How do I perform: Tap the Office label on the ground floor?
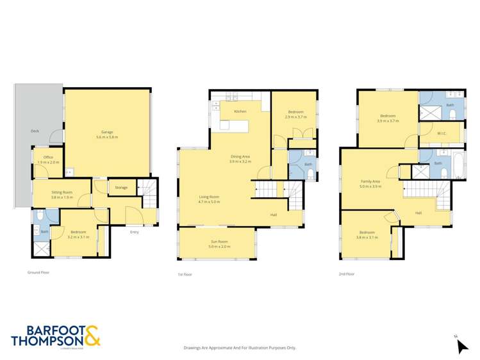47,158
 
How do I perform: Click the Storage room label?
121,188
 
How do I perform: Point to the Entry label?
134,232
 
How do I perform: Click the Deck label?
35,131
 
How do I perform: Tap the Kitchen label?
240,111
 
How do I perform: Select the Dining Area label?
240,157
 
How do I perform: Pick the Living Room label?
209,197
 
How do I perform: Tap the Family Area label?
370,182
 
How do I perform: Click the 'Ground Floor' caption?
38,272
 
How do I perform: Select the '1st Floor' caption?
185,274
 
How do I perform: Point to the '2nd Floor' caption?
346,274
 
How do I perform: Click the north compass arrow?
462,346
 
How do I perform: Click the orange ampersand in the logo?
92,336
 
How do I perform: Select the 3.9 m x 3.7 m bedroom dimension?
388,121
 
